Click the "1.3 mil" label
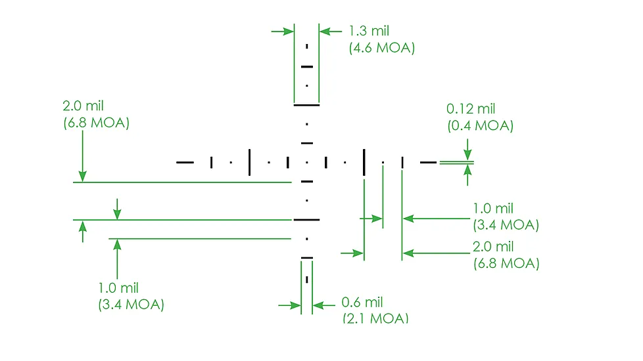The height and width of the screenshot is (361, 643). (x=369, y=31)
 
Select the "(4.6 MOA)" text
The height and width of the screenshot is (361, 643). (x=382, y=48)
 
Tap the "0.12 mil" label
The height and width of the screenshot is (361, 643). (x=471, y=109)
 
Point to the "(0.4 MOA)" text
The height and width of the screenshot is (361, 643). (x=480, y=125)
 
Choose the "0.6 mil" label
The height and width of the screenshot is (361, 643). (x=362, y=303)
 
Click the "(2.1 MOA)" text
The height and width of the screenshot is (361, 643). (x=375, y=318)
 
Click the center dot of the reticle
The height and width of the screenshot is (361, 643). (x=307, y=163)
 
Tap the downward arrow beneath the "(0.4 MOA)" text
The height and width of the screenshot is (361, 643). (x=467, y=150)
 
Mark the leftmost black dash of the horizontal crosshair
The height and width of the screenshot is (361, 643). (x=185, y=163)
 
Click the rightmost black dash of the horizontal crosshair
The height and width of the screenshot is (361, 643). (x=428, y=163)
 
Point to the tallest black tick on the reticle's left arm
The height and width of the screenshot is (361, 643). (x=249, y=163)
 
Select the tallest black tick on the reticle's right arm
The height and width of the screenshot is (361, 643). (x=364, y=163)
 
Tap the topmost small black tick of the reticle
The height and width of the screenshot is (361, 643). (x=307, y=47)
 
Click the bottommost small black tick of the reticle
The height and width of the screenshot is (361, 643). (x=307, y=280)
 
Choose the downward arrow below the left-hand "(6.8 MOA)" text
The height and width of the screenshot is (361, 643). (x=82, y=156)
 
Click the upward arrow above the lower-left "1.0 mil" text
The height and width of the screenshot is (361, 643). (x=117, y=259)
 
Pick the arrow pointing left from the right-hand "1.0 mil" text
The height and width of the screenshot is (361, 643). (x=437, y=219)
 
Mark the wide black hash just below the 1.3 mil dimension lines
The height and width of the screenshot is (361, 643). (x=307, y=105)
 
